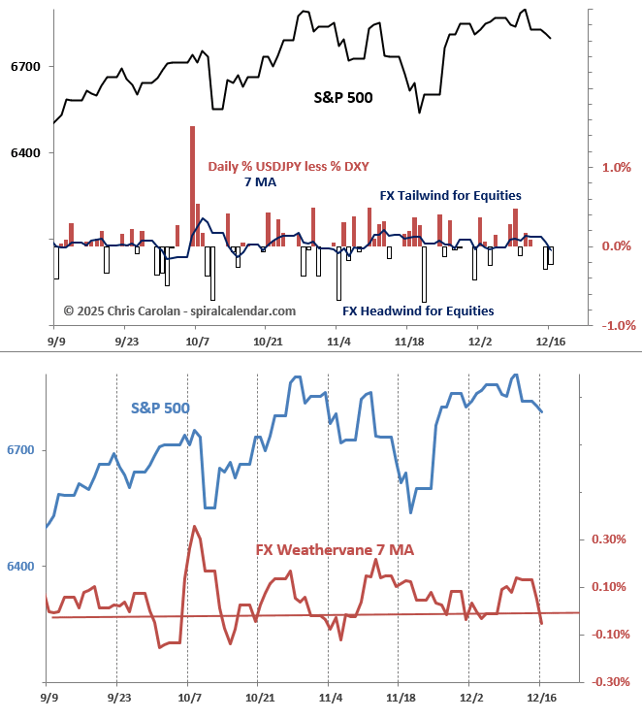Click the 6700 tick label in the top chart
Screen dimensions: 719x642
pyautogui.click(x=24, y=67)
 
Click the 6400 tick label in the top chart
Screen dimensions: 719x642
pyautogui.click(x=24, y=153)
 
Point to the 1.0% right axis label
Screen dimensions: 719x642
pyautogui.click(x=617, y=167)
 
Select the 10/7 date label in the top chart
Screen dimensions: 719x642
pyautogui.click(x=197, y=341)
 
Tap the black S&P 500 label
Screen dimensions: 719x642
pyautogui.click(x=343, y=97)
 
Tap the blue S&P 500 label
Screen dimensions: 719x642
pyautogui.click(x=160, y=408)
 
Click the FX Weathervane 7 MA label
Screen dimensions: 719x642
pyautogui.click(x=335, y=550)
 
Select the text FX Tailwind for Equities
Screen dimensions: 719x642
pyautogui.click(x=450, y=196)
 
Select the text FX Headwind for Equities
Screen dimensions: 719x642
pyautogui.click(x=418, y=311)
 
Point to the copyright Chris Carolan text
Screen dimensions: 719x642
pyautogui.click(x=179, y=311)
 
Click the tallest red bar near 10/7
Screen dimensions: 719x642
pyautogui.click(x=192, y=184)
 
